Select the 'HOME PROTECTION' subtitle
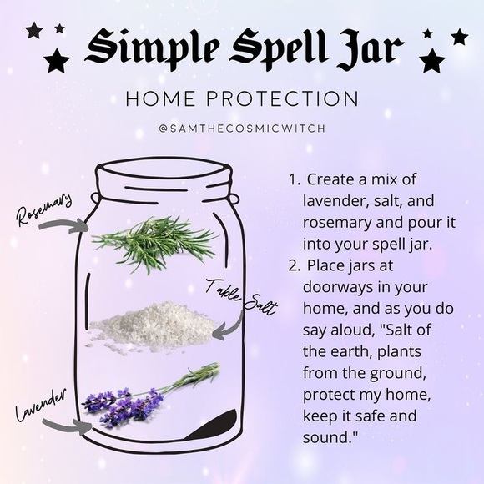(x=242, y=98)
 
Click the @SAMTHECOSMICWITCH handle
(x=242, y=129)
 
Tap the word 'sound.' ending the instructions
(x=331, y=436)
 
